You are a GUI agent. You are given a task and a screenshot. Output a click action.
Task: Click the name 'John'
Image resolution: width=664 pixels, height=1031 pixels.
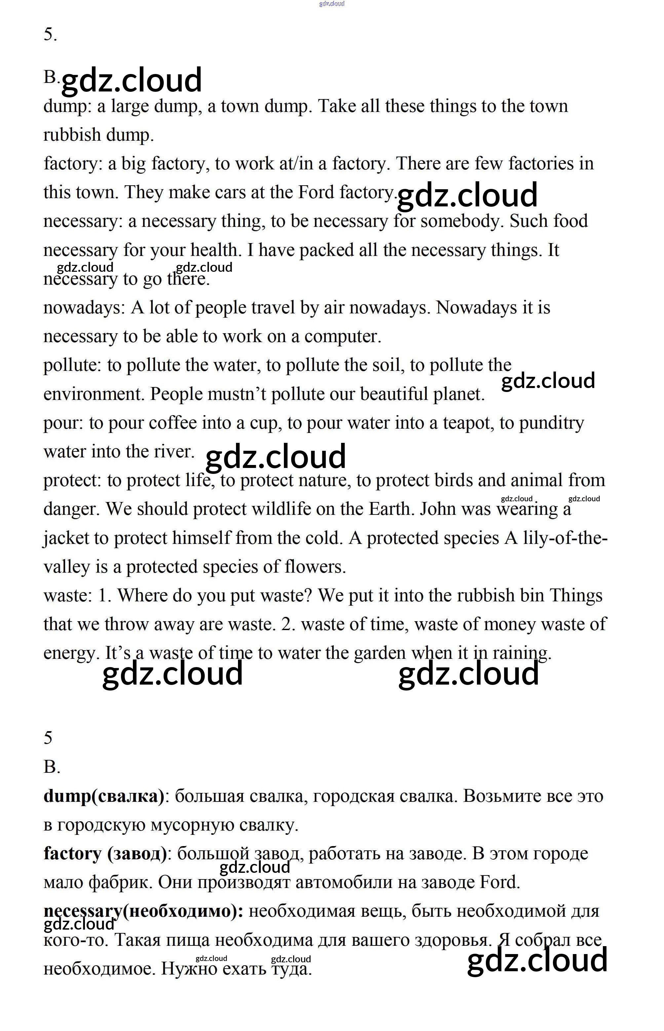(438, 509)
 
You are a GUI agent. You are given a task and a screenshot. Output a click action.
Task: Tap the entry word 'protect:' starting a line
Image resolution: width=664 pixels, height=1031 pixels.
(72, 480)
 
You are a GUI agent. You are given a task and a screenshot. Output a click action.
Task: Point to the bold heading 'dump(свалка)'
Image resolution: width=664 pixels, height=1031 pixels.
(104, 796)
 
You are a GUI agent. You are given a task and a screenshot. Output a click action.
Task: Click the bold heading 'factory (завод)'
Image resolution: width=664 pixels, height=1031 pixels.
(105, 853)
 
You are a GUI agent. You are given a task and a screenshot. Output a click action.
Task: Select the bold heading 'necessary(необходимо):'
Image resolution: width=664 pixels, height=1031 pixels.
(143, 911)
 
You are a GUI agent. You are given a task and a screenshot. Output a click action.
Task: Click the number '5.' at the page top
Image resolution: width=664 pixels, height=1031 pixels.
(50, 34)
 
